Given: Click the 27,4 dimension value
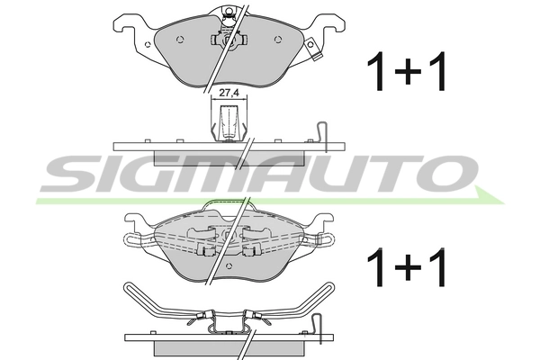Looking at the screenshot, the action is point(229,93).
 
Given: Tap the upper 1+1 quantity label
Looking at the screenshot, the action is point(407,72).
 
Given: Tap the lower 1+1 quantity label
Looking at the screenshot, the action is point(407,267).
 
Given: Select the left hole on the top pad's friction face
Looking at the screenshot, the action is point(179,40).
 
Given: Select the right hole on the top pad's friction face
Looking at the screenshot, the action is point(277,40).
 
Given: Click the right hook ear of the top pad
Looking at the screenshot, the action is point(332,22).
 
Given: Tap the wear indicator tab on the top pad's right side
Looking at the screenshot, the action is point(312,48).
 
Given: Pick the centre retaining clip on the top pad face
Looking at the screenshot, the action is point(229,40).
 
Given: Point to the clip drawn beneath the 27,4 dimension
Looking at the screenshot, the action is point(229,123).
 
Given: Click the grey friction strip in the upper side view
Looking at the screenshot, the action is point(229,157).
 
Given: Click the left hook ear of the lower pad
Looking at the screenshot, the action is point(135,220).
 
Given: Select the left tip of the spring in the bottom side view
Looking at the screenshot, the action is point(127,285).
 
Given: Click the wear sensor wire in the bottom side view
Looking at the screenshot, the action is point(318,328).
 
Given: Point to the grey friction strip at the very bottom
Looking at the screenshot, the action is point(229,348).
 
